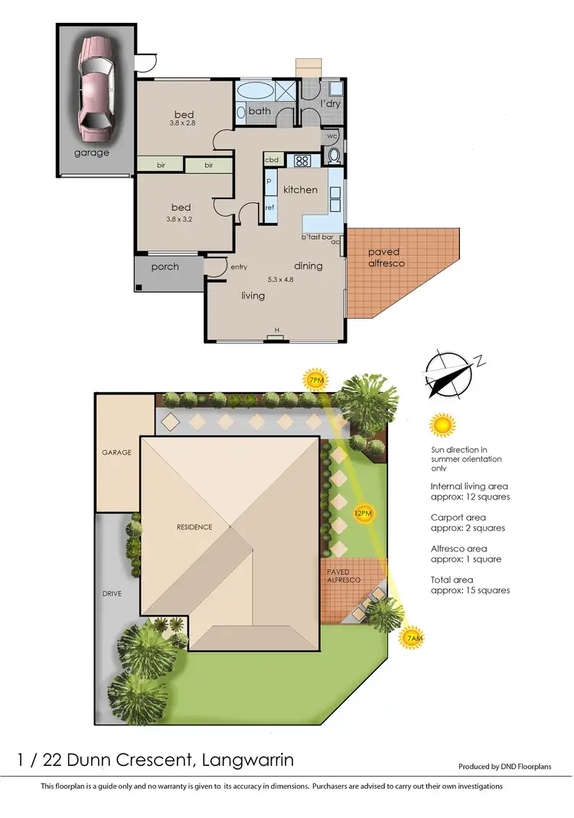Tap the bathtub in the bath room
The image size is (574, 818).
[255, 90]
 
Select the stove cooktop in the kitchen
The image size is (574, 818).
[302, 161]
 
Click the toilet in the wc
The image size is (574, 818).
[334, 156]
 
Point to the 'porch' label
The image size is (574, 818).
[165, 267]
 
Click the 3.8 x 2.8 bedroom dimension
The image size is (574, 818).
[183, 123]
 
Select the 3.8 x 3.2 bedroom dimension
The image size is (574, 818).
[181, 219]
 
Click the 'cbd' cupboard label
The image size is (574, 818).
[272, 160]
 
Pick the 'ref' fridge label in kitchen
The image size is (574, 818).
[269, 208]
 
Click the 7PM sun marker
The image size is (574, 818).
[315, 380]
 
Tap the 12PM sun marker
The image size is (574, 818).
[364, 512]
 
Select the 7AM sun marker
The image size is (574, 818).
[414, 638]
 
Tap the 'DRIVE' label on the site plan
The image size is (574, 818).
[112, 594]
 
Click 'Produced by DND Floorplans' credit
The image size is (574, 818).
[504, 767]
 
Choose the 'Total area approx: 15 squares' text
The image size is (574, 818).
[470, 585]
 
